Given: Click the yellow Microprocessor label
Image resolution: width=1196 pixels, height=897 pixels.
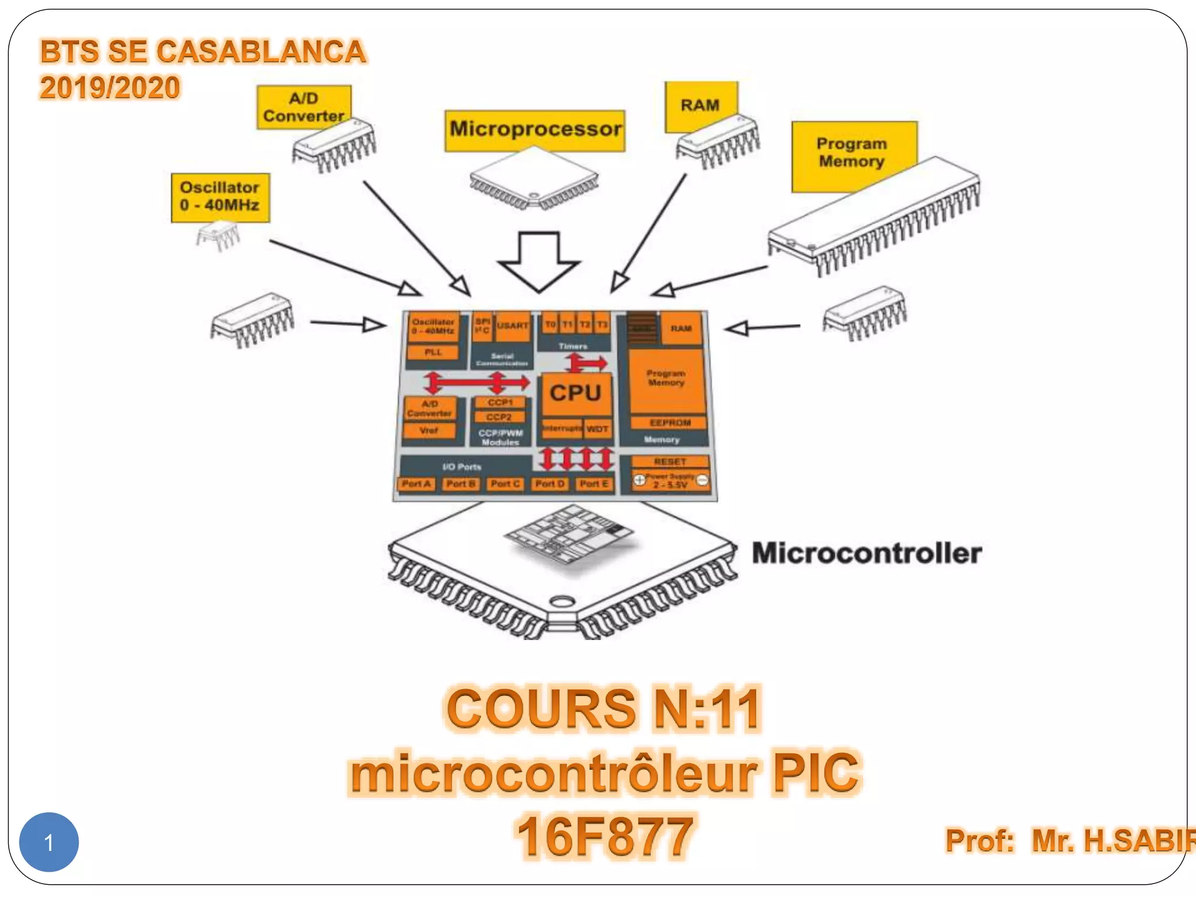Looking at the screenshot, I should [x=535, y=129].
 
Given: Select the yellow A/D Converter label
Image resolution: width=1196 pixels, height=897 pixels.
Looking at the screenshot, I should [x=304, y=107].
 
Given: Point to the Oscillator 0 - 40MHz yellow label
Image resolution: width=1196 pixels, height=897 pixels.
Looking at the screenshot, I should [x=220, y=197].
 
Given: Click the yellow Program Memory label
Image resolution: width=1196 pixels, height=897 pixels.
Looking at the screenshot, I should [x=851, y=152].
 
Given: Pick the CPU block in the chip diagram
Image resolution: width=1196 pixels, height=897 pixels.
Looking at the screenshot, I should [x=576, y=393].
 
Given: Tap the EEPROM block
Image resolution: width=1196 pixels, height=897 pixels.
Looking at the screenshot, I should [x=669, y=422].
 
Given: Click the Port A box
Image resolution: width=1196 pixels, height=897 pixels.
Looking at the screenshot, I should [x=416, y=484].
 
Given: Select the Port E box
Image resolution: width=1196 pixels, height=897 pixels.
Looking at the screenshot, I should [x=594, y=484].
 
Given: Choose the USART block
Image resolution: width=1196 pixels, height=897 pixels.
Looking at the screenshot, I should [x=513, y=326].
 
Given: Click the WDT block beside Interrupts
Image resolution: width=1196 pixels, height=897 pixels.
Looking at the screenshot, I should [x=597, y=429].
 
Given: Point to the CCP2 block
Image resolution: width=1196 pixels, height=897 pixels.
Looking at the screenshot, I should [x=499, y=417].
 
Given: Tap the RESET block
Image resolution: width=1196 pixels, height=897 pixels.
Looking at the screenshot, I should [x=670, y=461].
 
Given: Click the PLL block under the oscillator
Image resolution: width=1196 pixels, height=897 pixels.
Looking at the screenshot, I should [x=433, y=352].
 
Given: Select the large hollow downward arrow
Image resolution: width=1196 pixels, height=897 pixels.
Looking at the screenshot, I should [x=538, y=261].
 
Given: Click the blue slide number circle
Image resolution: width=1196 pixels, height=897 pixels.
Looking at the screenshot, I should [x=49, y=842].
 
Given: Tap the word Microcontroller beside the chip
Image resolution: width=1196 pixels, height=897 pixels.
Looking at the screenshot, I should [x=867, y=553].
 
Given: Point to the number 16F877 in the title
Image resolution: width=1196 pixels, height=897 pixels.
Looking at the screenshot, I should [x=604, y=837].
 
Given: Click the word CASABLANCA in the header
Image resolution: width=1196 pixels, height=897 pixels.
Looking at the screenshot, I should [x=261, y=51].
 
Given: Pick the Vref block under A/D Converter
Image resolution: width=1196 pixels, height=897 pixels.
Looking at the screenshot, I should [x=429, y=430].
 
